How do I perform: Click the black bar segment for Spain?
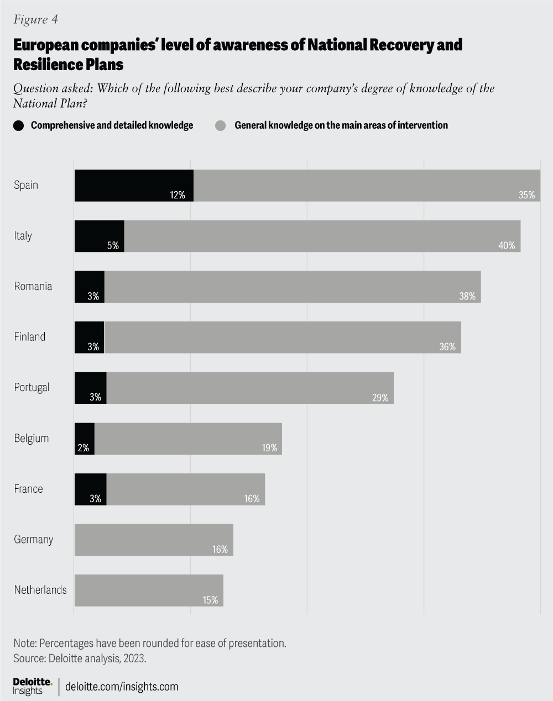point(134,185)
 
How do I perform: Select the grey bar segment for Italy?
point(322,236)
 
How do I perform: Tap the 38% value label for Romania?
point(467,296)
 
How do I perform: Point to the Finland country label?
point(30,337)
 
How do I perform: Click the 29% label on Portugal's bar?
point(380,397)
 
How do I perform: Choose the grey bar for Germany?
point(154,540)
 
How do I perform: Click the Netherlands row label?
point(40,590)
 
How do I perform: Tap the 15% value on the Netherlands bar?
point(210,600)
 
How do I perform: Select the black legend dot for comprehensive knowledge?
point(19,125)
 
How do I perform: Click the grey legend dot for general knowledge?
point(221,125)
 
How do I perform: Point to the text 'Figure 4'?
point(35,20)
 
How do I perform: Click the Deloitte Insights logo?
point(32,686)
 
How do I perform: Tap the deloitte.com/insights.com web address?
point(122,687)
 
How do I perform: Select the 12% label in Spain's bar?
point(178,195)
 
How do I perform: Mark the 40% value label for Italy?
point(507,245)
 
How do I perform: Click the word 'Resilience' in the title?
point(48,64)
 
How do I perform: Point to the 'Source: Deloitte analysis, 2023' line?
point(80,658)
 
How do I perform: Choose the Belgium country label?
point(32,439)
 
